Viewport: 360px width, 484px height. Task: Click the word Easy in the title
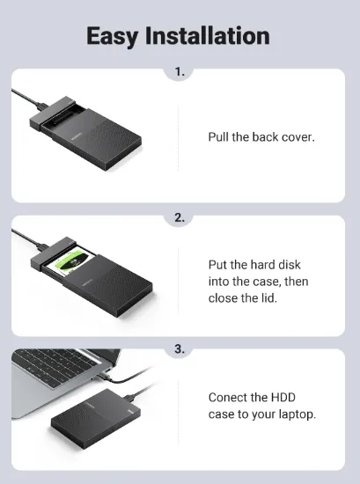113,36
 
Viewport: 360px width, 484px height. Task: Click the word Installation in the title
208,35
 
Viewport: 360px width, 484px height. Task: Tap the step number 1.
180,72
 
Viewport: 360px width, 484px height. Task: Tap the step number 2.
180,218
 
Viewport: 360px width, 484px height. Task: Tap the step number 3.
180,349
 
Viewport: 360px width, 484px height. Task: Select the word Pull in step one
218,136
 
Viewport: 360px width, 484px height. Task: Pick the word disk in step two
290,265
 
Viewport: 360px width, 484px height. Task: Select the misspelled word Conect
226,397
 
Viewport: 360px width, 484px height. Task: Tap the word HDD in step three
283,397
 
